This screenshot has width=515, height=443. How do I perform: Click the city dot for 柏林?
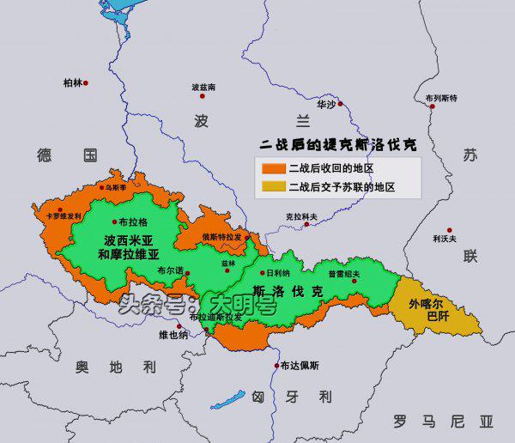pyautogui.click(x=86, y=83)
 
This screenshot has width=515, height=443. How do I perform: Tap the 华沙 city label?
pyautogui.click(x=326, y=104)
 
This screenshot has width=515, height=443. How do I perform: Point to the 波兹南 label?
pyautogui.click(x=203, y=88)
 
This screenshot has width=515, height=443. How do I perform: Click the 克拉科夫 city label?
pyautogui.click(x=300, y=216)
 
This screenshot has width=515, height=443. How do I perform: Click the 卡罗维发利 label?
pyautogui.click(x=64, y=216)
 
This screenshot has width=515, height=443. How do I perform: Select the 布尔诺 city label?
pyautogui.click(x=168, y=270)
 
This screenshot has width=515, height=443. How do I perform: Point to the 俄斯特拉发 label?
pyautogui.click(x=220, y=237)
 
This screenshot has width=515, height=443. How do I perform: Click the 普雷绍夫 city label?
pyautogui.click(x=343, y=275)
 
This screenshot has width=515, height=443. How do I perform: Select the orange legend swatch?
pyautogui.click(x=273, y=167)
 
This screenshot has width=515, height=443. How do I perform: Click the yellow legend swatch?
pyautogui.click(x=273, y=185)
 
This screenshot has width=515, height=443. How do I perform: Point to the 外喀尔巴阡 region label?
pyautogui.click(x=428, y=310)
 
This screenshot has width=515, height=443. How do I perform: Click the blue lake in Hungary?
pyautogui.click(x=228, y=399)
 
